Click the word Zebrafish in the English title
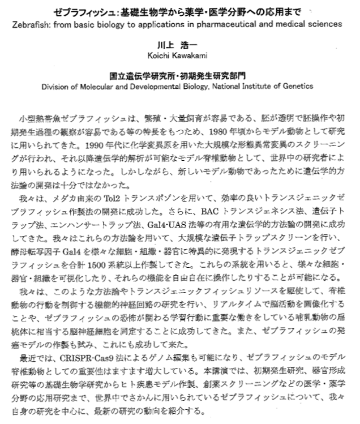(x=33, y=24)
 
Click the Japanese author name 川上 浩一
(x=179, y=44)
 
